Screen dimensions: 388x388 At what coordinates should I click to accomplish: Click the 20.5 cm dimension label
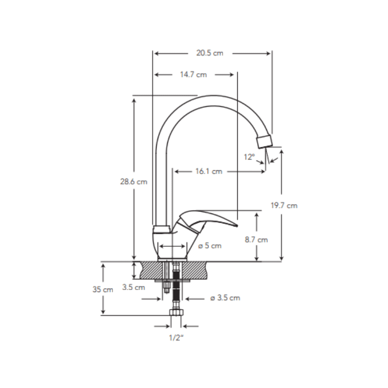210,53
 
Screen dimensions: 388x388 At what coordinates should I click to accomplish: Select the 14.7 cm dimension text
194,75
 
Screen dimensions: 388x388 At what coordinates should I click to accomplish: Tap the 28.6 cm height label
134,181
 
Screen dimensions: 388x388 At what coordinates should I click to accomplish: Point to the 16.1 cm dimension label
209,171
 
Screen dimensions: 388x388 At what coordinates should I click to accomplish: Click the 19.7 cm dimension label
284,205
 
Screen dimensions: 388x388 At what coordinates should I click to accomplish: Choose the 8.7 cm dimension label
257,240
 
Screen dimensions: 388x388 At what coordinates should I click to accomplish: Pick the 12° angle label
249,157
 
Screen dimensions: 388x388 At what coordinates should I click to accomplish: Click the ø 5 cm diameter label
210,246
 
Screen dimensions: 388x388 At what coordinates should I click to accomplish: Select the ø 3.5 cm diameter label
225,298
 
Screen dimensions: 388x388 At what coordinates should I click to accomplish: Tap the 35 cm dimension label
103,289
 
